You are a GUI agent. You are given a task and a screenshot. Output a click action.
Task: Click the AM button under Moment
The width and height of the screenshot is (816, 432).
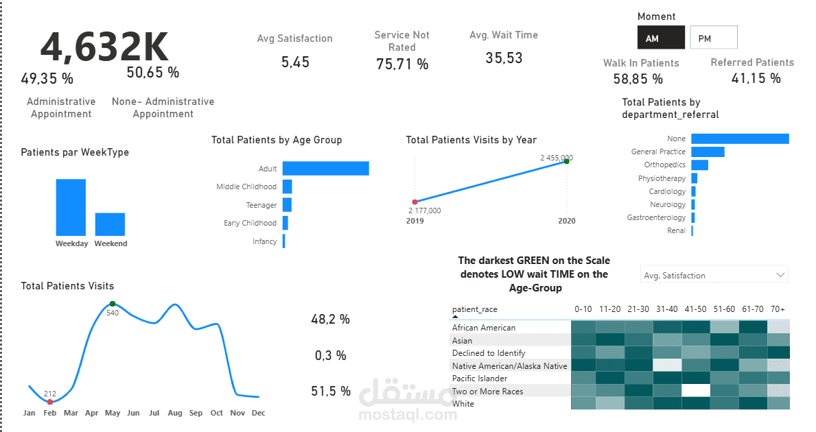(x=660, y=38)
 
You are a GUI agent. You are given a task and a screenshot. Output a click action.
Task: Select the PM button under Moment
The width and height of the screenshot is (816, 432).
(x=713, y=38)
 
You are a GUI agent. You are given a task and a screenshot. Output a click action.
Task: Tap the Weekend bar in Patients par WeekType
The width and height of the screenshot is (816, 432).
(x=110, y=224)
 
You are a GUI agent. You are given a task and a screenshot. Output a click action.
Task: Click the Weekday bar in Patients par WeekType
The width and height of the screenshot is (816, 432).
(x=71, y=207)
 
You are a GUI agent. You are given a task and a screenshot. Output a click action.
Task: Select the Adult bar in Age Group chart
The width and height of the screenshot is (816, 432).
(x=325, y=169)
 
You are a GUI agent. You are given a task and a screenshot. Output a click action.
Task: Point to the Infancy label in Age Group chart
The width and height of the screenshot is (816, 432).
(x=264, y=241)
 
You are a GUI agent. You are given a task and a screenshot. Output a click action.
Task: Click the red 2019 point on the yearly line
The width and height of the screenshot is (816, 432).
(x=415, y=202)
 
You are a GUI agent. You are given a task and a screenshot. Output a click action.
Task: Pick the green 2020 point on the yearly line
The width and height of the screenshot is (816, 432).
(x=567, y=161)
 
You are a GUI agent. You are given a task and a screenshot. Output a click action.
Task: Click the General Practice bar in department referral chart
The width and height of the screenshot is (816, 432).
(x=708, y=152)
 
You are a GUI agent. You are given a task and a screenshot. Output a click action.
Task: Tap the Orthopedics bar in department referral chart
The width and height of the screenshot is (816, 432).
(x=699, y=165)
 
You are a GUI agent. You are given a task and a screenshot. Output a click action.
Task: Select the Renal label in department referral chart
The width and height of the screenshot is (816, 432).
(x=676, y=231)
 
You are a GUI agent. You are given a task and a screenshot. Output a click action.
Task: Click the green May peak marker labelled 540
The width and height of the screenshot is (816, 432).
(x=113, y=304)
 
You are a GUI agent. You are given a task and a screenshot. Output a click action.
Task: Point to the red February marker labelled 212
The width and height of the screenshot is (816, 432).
(x=50, y=402)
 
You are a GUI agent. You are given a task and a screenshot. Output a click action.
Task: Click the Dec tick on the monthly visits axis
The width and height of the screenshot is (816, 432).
(x=258, y=413)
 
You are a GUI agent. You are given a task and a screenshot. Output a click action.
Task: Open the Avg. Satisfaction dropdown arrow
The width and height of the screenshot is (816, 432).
(x=780, y=275)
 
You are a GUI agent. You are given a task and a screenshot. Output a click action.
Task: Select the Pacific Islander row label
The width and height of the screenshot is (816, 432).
(x=479, y=379)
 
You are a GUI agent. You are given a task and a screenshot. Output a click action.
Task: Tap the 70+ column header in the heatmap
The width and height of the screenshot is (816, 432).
(x=778, y=309)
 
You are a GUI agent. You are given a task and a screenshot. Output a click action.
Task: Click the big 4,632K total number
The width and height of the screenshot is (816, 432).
(x=104, y=47)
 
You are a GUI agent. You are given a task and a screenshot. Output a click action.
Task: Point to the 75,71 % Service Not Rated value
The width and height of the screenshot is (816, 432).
(x=402, y=64)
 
